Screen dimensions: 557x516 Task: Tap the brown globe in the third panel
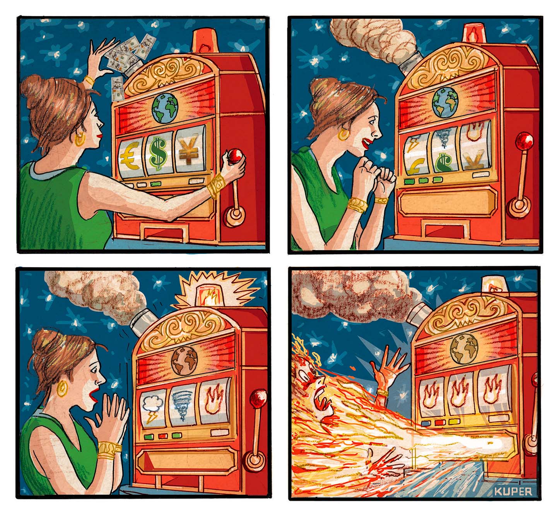click(185, 361)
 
